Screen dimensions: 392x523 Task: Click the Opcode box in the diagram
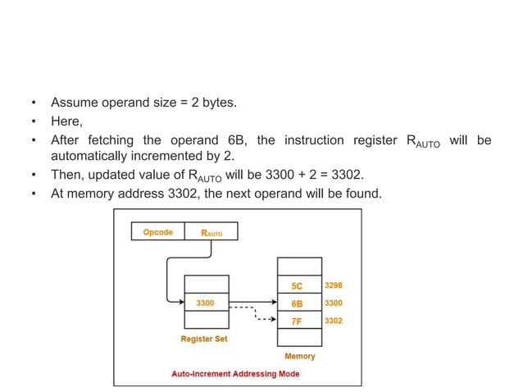pos(157,232)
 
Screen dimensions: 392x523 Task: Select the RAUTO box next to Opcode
pos(211,232)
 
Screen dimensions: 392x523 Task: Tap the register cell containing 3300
pos(205,303)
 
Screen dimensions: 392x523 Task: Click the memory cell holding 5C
pos(297,285)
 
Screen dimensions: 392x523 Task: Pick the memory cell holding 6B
pos(297,303)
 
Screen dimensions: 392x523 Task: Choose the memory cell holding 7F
pos(297,321)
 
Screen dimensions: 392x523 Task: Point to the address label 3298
pos(333,285)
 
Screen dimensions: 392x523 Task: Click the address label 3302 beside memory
pos(333,321)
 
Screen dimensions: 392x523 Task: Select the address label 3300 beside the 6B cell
pos(333,303)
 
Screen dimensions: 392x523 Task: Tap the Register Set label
pos(204,339)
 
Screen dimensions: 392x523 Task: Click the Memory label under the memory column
pos(299,356)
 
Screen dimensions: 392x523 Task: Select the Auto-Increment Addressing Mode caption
pos(235,374)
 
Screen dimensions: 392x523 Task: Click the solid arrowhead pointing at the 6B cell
pos(274,303)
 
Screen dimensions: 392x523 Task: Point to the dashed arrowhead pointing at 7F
pos(274,321)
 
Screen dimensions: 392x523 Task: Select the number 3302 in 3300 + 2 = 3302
pos(345,175)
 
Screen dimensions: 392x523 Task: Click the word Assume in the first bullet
pos(75,103)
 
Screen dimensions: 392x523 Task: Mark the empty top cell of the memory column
pos(297,267)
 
